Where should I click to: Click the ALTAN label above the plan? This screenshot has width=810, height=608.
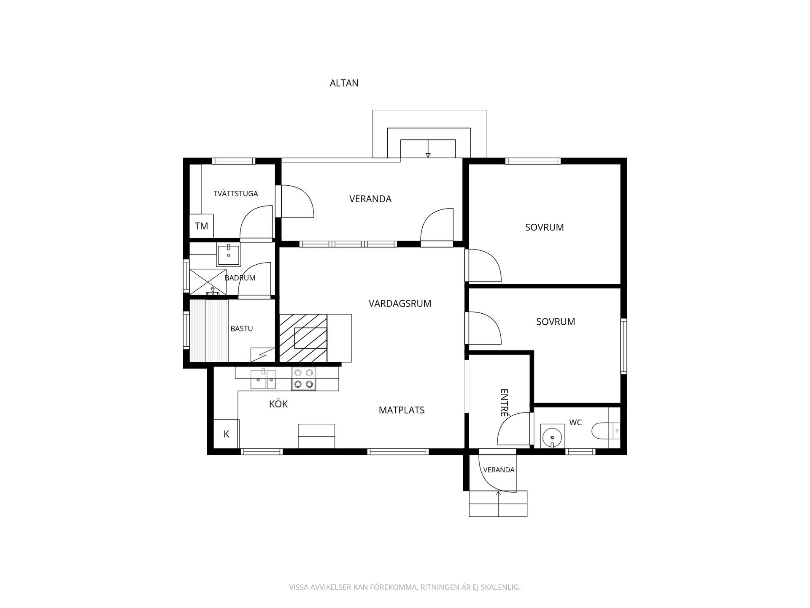point(344,83)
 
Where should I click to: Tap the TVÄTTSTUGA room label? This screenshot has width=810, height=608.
point(235,194)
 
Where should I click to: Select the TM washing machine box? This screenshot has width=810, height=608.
point(202,226)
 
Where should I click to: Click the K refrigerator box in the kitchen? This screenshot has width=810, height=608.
point(226,434)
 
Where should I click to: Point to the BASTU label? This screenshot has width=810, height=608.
point(242,328)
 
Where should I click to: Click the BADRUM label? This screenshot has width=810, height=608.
point(240,278)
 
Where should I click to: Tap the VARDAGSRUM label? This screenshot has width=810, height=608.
point(400,304)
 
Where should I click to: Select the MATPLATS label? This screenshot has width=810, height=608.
point(402,410)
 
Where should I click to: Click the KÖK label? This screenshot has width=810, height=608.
point(278,404)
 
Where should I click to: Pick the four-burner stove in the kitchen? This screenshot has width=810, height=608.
point(304,379)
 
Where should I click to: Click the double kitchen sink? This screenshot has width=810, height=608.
point(263,379)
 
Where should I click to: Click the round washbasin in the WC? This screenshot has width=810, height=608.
point(552,435)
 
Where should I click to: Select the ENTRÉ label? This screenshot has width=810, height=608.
point(504,403)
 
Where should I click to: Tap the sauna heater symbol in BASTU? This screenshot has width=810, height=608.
point(262,355)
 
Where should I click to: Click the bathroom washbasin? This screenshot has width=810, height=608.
point(228,254)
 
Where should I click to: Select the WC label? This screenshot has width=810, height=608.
point(575,423)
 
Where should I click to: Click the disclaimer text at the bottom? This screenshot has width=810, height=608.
point(405,587)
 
